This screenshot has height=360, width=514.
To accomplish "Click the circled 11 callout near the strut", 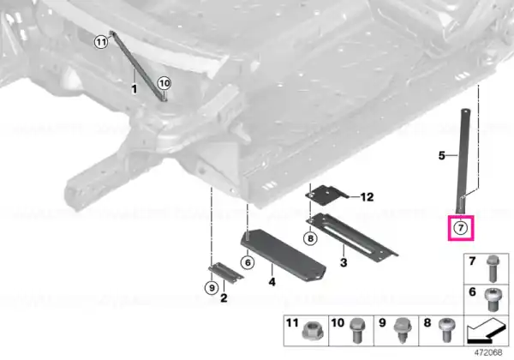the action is pos(101,42).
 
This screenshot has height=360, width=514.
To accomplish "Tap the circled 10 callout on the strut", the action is pos(164,83).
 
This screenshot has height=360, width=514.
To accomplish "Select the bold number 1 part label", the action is pos(134,89).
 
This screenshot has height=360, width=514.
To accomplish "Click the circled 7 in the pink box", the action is pos(461,227).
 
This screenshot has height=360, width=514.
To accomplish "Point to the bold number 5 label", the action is pos(442,155).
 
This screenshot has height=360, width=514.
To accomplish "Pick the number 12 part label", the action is pos(367,197).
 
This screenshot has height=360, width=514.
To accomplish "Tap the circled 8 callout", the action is pos(310,238).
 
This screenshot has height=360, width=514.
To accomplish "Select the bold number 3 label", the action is pos(344,262).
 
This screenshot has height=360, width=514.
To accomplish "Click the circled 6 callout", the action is pos(248,262).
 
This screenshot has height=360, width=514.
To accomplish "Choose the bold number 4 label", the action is pos(272,282).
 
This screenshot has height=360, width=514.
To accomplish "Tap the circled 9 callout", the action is pos(212,288).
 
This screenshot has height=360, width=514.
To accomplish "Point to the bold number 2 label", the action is pos(224,298).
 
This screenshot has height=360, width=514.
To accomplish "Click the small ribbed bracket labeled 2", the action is pos(226,272).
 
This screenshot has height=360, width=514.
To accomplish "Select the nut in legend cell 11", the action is pos(313,331).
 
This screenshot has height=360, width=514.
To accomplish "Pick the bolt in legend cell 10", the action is pos(357,330).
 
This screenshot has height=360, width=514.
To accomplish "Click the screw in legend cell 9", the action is pos(402,330).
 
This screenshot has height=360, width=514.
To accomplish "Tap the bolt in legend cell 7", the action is pos(493,269).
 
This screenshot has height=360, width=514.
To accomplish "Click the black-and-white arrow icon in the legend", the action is pos(487,331).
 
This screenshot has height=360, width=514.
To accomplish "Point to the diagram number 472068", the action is pos(488,352).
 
